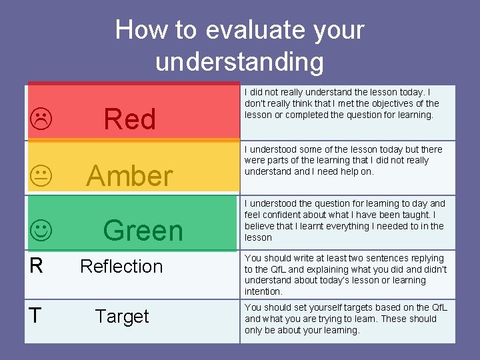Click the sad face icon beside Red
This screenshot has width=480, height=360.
pyautogui.click(x=41, y=119)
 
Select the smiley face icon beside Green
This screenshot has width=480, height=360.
pyautogui.click(x=41, y=231)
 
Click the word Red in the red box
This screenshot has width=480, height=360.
pyautogui.click(x=130, y=119)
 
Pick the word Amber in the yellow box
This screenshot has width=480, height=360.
pyautogui.click(x=129, y=176)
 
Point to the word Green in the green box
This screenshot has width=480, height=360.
pyautogui.click(x=143, y=231)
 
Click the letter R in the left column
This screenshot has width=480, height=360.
pyautogui.click(x=37, y=266)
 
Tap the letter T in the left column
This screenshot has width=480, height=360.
pyautogui.click(x=36, y=316)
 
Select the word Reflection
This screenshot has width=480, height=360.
pyautogui.click(x=121, y=266)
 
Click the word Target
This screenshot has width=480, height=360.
pyautogui.click(x=122, y=316)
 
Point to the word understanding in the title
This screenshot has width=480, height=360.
pyautogui.click(x=239, y=61)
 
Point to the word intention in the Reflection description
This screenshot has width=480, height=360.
pyautogui.click(x=263, y=291)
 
